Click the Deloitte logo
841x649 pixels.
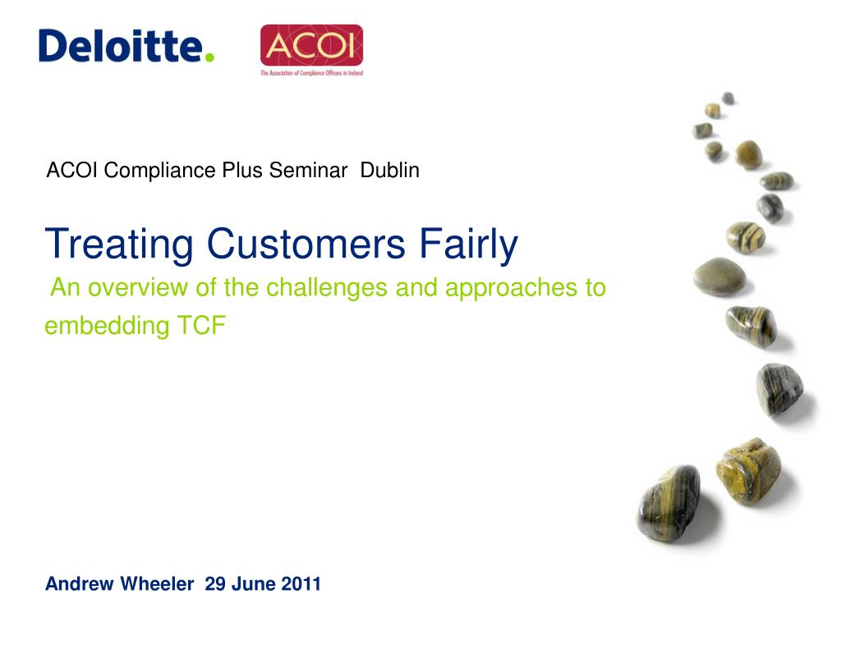point(126,46)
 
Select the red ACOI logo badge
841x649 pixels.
point(311,45)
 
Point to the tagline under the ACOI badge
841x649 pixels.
point(311,73)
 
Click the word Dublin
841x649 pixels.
point(390,171)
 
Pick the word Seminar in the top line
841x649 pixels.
point(309,171)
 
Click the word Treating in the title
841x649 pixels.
point(119,245)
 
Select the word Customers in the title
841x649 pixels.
point(306,245)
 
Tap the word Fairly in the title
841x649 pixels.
point(468,245)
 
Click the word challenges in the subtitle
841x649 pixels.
point(327,287)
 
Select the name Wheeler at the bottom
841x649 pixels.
point(157,583)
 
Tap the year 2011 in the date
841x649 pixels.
point(301,583)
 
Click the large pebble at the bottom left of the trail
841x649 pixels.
point(669,502)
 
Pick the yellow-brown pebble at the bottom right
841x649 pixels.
point(749,471)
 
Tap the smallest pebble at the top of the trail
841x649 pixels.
point(728,98)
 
